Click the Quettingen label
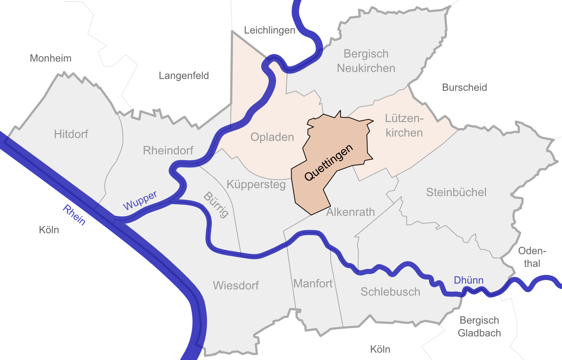pos(328,163)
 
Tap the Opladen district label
pos(272,137)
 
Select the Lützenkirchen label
pos(404,125)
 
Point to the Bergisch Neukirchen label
pos(366,61)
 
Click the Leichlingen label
pos(270,30)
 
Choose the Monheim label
pos(51,58)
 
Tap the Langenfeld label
pos(184,76)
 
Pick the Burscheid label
pos(464,87)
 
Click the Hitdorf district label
pos(71,134)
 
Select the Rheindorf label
pos(168,150)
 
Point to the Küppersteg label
pos(256,184)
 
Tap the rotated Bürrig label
pos(216,205)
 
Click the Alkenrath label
pos(350,212)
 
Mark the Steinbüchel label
pos(456,192)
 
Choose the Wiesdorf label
pos(236,285)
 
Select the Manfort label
pos(313,283)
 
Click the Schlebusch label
pos(390,292)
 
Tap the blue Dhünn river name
pos(468,280)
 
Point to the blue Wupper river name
pos(140,200)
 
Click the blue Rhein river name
pos(74,215)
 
